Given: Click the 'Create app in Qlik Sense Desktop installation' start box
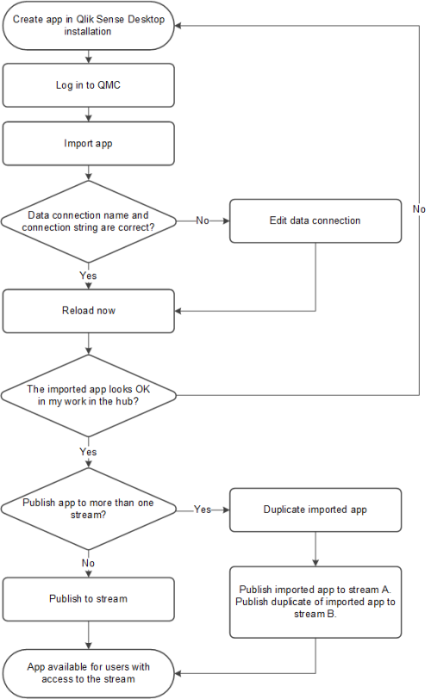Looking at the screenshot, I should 90,25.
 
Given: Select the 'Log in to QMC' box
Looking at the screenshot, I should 90,87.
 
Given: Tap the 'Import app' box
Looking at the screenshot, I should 90,144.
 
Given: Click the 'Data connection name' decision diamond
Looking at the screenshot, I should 90,221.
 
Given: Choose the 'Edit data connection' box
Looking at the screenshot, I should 315,221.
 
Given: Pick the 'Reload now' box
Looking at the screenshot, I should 90,311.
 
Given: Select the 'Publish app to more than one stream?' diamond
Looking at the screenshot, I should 90,510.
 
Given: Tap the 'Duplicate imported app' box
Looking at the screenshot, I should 315,510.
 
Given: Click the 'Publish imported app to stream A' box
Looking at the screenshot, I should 315,602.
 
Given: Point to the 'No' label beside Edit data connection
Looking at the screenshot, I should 203,221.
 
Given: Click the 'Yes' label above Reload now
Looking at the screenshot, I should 89,276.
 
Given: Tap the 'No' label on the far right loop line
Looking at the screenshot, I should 418,209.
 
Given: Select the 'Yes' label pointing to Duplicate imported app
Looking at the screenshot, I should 203,510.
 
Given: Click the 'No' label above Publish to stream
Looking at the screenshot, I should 89,562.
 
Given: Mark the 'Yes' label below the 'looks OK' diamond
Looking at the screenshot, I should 89,451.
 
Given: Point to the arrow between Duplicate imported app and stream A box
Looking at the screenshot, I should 315,548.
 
